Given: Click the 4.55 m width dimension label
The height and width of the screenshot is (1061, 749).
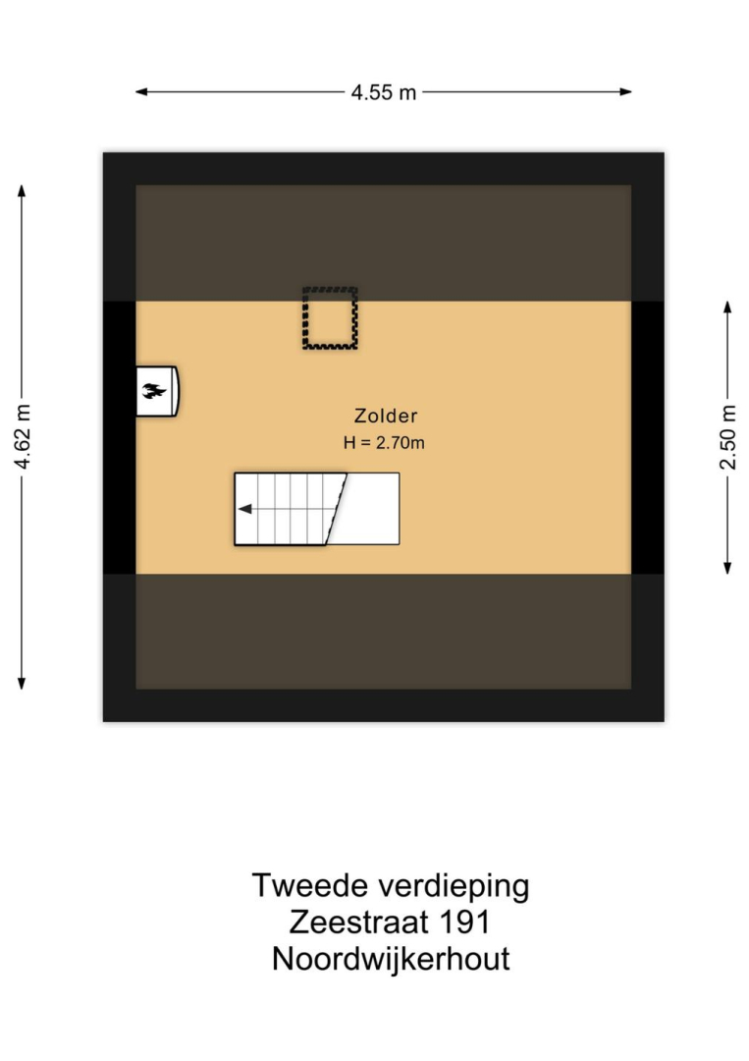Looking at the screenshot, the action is [x=383, y=92].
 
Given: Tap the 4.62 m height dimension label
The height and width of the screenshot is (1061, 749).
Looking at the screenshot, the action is [x=23, y=436].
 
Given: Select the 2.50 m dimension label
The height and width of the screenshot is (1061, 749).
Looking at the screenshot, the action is [x=727, y=437].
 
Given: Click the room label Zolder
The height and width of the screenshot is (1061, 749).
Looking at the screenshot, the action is [x=386, y=416].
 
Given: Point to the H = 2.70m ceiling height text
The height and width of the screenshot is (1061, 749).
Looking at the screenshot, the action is [x=384, y=443].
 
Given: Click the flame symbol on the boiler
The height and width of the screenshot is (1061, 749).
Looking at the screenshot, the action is [x=154, y=390].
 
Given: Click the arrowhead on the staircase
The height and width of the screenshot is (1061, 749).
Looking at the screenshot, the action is [x=244, y=509].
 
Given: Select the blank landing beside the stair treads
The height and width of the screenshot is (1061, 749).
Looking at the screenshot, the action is [x=368, y=509].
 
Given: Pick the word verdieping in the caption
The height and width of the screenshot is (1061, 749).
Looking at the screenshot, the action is [x=455, y=887].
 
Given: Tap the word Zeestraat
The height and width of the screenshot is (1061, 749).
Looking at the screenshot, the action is [x=358, y=922].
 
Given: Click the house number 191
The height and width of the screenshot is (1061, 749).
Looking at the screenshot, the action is [x=464, y=922].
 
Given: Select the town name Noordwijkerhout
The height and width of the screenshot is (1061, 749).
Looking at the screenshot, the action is [x=391, y=959].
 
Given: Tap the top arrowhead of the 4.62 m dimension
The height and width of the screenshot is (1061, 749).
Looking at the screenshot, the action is [x=22, y=191].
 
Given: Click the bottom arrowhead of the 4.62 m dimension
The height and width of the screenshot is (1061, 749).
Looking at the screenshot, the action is [x=22, y=684].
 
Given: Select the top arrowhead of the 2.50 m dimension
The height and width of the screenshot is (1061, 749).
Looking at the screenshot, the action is [x=727, y=307].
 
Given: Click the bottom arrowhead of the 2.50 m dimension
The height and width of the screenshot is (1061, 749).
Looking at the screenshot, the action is [x=727, y=568].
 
